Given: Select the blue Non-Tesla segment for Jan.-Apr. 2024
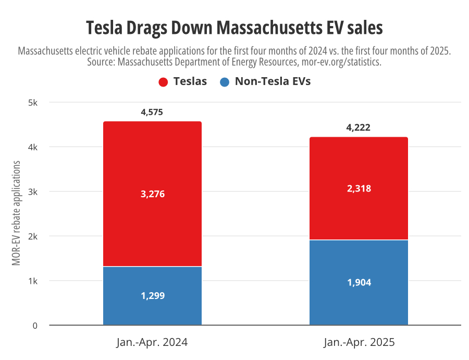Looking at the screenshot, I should point(152,308).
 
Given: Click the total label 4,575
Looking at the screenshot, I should point(152,112).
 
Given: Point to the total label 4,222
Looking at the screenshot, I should point(359,127).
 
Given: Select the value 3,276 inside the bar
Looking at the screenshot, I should point(152,194).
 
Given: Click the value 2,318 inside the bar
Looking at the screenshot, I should point(359,189).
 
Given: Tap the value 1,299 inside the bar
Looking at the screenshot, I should point(152,296).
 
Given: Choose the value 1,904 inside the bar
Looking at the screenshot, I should point(359,283).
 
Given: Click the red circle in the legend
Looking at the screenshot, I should point(163,82).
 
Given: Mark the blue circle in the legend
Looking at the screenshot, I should point(225,82).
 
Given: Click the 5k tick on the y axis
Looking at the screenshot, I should point(32,103).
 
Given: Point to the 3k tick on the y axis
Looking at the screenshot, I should point(32,192).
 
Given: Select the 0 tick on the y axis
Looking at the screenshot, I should point(35,326).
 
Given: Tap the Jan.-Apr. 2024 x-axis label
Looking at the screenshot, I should point(152,343).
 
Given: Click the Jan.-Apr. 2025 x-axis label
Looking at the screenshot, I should point(359,343).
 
